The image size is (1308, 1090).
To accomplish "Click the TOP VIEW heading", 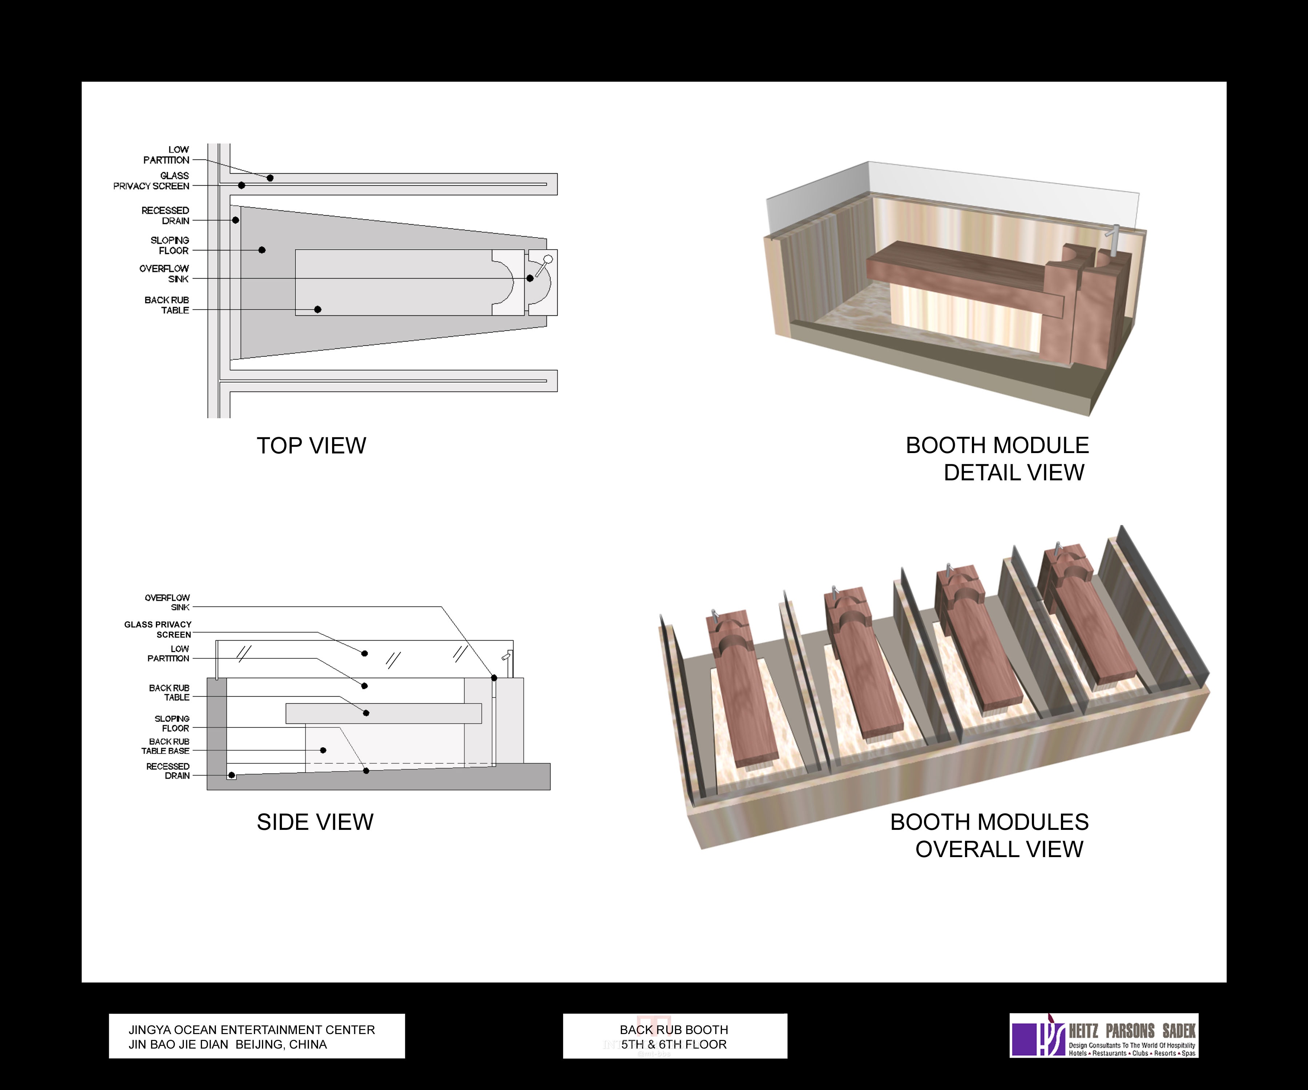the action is tap(311, 446).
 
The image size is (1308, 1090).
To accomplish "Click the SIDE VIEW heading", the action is tap(315, 822).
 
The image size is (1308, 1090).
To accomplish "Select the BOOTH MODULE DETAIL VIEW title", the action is tap(997, 459).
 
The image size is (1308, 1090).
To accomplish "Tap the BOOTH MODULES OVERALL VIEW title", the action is tap(990, 835).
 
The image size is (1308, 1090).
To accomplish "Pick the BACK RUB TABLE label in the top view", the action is tap(166, 305).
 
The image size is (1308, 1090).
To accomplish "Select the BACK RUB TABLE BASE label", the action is tap(165, 746).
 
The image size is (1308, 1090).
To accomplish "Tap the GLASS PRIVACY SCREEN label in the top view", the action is tap(152, 181).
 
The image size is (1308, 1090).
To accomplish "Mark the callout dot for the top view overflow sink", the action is tap(530, 278).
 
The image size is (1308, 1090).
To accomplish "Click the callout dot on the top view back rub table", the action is tap(318, 310).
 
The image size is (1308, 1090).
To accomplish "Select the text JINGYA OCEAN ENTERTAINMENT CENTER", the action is tap(252, 1030).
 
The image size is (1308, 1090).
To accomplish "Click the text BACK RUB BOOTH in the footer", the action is tap(674, 1030).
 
